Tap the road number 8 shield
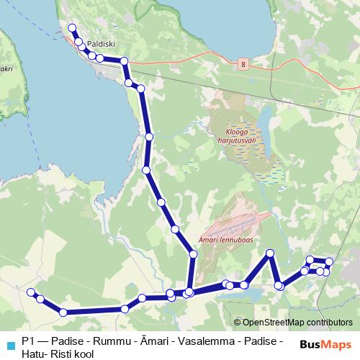click(x=244, y=65)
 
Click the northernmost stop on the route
click(x=72, y=28)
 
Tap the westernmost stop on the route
click(x=31, y=292)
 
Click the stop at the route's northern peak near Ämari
click(x=271, y=253)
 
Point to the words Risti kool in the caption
click(x=71, y=354)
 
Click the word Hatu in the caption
click(x=33, y=354)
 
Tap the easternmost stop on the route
click(x=330, y=261)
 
